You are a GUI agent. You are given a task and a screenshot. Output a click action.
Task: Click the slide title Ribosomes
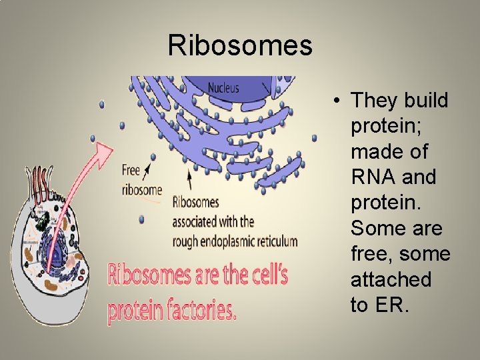click(240, 46)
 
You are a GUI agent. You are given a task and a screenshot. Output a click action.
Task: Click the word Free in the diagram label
click(131, 171)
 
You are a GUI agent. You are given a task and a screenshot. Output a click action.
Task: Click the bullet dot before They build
click(339, 101)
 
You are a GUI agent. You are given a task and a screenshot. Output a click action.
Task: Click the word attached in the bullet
click(391, 279)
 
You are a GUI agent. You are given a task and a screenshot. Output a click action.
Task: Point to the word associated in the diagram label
click(197, 221)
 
